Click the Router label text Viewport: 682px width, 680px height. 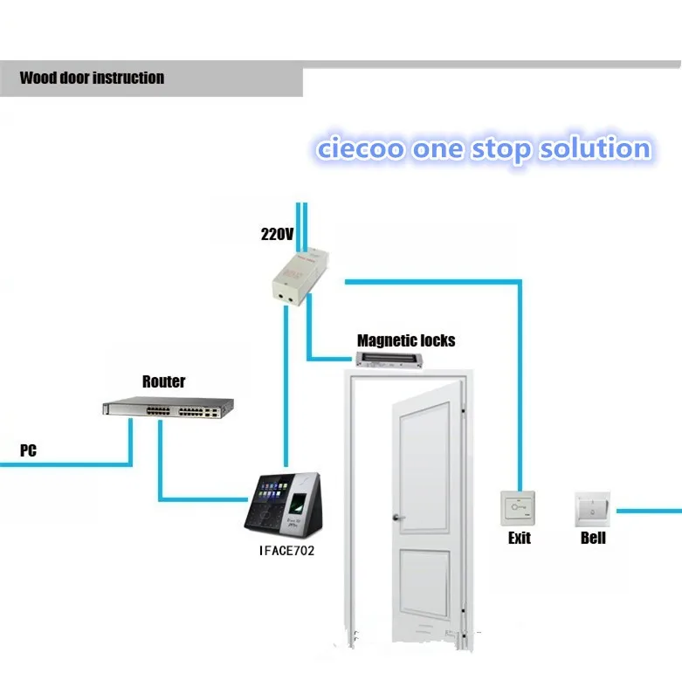163,381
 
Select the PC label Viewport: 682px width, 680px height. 28,451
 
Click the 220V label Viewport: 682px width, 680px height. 276,235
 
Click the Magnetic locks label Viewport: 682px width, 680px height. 406,340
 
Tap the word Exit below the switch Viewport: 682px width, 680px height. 519,538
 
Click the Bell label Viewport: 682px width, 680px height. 593,538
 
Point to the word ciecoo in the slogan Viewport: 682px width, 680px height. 360,148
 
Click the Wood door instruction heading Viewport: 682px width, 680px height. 92,78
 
